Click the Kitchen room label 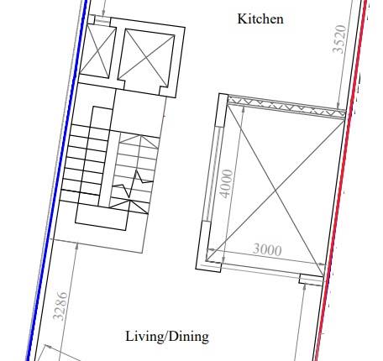(x=260, y=19)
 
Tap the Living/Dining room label (x=167, y=337)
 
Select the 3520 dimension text (x=339, y=39)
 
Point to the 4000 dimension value (x=226, y=184)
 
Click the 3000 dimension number (x=267, y=249)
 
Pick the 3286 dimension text (x=60, y=306)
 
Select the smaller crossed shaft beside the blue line (x=98, y=51)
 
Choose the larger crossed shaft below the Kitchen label (x=146, y=58)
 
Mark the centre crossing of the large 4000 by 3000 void (x=275, y=191)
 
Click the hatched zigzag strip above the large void (x=286, y=107)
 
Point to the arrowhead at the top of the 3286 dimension (x=77, y=245)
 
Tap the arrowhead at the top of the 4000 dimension (x=243, y=108)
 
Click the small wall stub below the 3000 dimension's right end (x=311, y=280)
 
